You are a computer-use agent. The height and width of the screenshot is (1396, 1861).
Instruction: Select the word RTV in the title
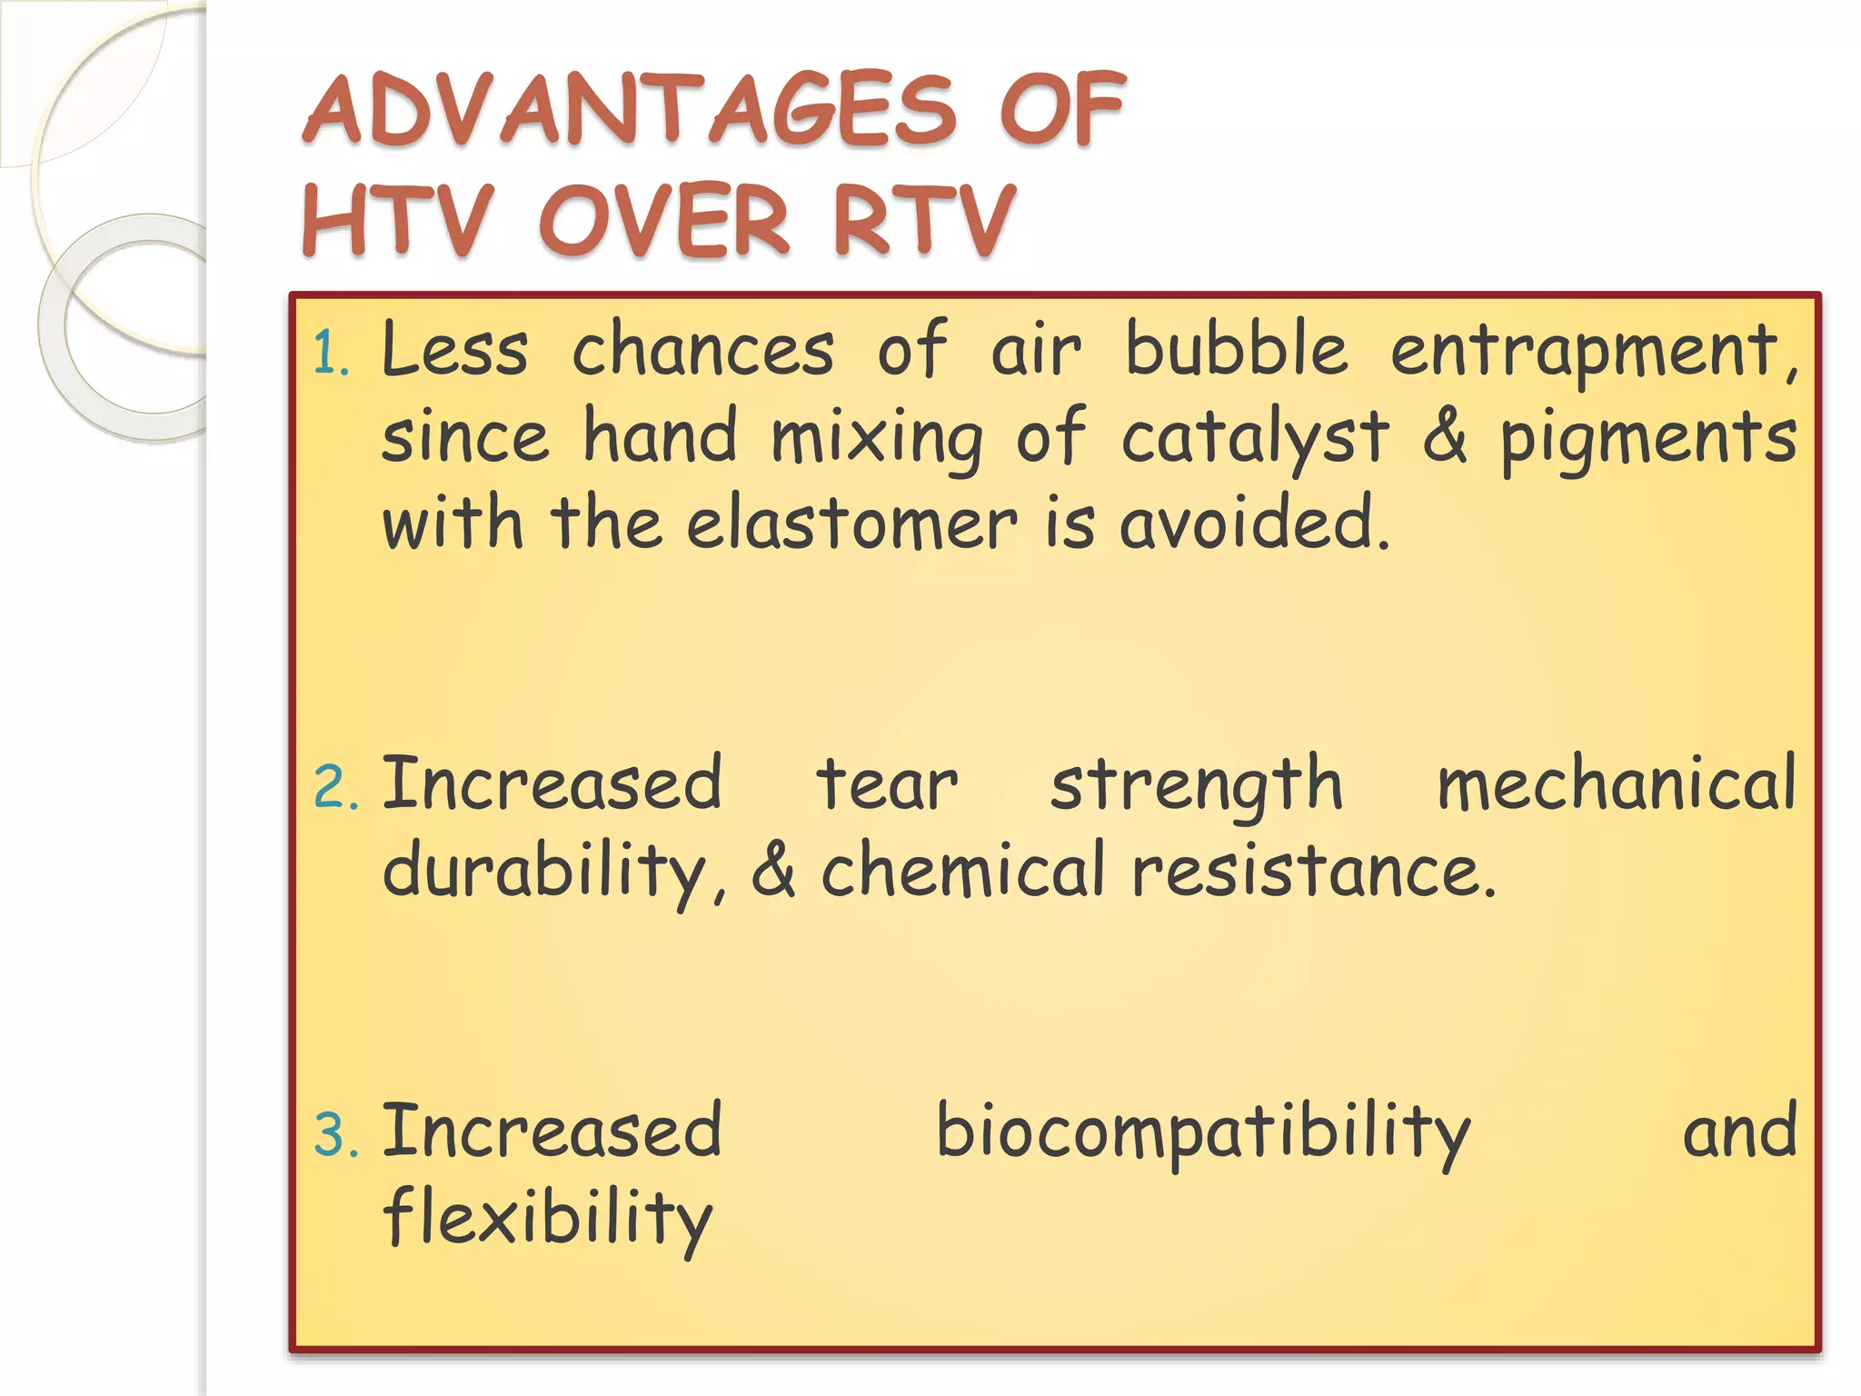click(x=922, y=220)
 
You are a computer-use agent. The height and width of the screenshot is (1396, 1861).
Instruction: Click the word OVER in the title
click(x=663, y=220)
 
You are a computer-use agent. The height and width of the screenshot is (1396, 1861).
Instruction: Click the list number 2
click(x=334, y=787)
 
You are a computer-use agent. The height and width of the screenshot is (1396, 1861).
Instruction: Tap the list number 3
click(x=334, y=1134)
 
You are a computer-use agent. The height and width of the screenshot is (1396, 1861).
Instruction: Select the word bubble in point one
click(x=1236, y=349)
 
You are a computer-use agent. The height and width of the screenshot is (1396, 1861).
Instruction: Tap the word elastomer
click(x=851, y=524)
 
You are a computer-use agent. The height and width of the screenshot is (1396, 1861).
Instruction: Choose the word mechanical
click(x=1616, y=783)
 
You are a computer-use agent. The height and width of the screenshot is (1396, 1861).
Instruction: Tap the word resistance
click(x=1312, y=871)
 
